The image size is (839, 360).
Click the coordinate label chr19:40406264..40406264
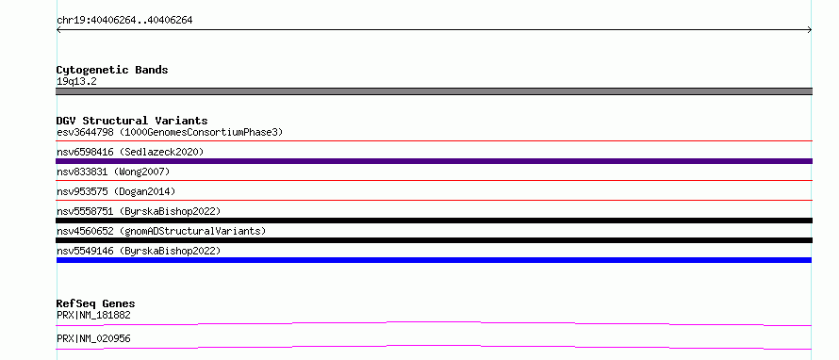pyautogui.click(x=124, y=21)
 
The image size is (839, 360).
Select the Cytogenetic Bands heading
pyautogui.click(x=112, y=70)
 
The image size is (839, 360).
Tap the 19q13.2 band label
pyautogui.click(x=76, y=82)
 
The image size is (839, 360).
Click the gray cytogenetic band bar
pyautogui.click(x=434, y=91)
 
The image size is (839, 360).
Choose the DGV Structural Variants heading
pyautogui.click(x=132, y=121)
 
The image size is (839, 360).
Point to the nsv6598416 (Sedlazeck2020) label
pyautogui.click(x=130, y=152)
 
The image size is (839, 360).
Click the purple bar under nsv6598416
pyautogui.click(x=434, y=161)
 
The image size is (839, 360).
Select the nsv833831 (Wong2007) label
pyautogui.click(x=113, y=172)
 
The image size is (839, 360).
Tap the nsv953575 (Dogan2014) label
pyautogui.click(x=116, y=191)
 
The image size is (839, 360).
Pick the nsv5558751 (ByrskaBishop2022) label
pyautogui.click(x=139, y=211)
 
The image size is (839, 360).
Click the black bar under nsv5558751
pyautogui.click(x=434, y=221)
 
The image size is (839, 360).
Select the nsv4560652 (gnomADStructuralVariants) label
pyautogui.click(x=161, y=231)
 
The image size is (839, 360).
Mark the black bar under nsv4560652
pyautogui.click(x=434, y=240)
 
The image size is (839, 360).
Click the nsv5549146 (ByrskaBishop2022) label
pyautogui.click(x=139, y=251)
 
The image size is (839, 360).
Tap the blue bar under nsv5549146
pyautogui.click(x=434, y=260)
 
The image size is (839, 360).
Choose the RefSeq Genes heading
pyautogui.click(x=96, y=303)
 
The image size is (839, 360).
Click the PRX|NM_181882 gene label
pyautogui.click(x=93, y=316)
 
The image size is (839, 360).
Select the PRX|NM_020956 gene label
pyautogui.click(x=93, y=339)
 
